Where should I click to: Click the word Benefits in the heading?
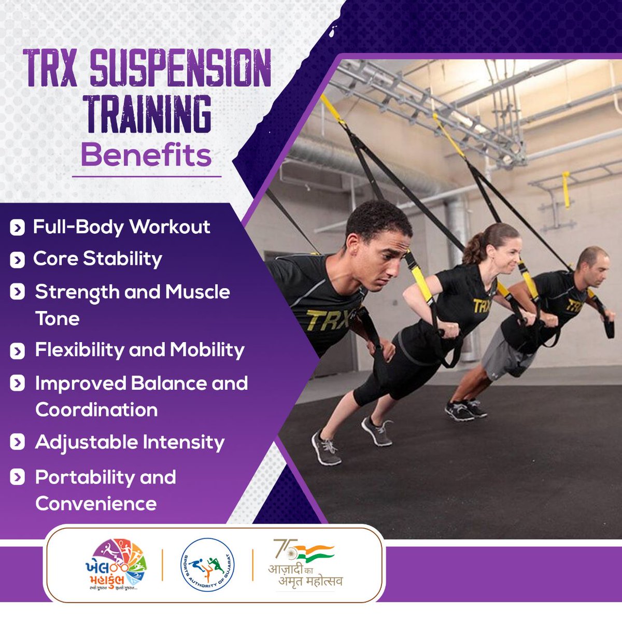point(146,155)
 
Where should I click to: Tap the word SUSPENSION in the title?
point(180,69)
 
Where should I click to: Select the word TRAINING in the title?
point(149,114)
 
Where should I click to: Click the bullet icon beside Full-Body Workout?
point(17,228)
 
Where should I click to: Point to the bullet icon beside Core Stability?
point(17,260)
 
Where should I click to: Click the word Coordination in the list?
point(96,410)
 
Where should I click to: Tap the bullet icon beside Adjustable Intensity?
point(17,443)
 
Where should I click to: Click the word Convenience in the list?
point(96,504)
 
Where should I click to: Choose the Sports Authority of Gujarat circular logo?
point(207,565)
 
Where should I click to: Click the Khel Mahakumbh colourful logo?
point(117,565)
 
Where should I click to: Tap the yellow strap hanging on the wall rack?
point(566,189)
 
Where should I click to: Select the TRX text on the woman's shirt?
point(481,306)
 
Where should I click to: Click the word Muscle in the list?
point(197,292)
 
